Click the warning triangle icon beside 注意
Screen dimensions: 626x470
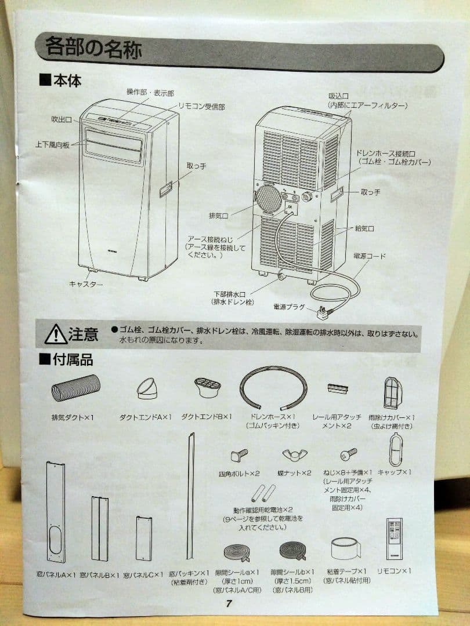(56, 334)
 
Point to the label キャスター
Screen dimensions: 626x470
(85, 284)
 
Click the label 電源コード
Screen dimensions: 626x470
(369, 256)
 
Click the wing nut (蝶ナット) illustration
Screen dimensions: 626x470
(294, 454)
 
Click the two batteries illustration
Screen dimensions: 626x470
(263, 493)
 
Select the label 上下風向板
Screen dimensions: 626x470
(52, 145)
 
